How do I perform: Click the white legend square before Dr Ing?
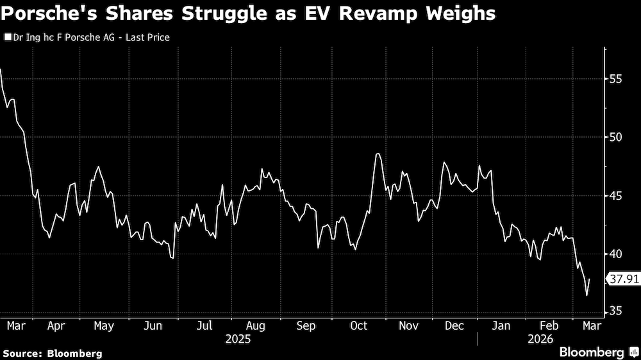(7, 37)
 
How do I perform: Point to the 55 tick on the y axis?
(615, 79)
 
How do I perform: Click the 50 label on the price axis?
(615, 137)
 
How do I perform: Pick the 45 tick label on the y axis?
(615, 195)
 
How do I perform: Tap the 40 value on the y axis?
(615, 254)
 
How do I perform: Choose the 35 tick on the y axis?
(615, 311)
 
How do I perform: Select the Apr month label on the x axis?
(56, 326)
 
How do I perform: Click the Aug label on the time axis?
(255, 326)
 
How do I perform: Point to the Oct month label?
(358, 326)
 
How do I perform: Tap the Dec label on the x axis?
(454, 326)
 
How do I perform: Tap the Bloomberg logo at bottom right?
(597, 352)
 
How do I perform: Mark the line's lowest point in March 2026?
(587, 295)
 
